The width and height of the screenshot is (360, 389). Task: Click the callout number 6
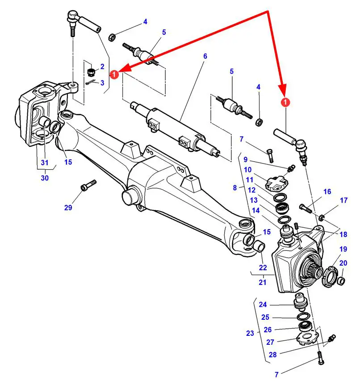(205, 57)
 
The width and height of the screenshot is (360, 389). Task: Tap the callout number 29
(68, 207)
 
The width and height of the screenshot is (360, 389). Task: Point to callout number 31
(44, 163)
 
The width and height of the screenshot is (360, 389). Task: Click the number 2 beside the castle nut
(102, 67)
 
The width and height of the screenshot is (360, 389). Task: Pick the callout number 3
(102, 83)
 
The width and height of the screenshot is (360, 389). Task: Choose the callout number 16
(327, 192)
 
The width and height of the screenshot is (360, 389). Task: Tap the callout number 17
(343, 201)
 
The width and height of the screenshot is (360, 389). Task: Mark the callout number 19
(343, 249)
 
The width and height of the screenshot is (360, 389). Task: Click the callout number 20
(343, 263)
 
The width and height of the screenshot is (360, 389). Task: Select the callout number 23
(250, 333)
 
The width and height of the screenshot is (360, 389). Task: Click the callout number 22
(263, 268)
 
